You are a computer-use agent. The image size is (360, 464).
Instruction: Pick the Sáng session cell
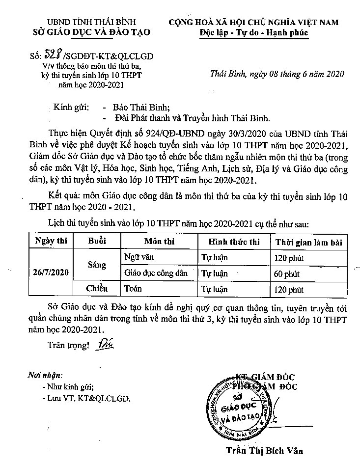click(97, 265)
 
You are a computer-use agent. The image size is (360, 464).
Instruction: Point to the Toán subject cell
click(133, 289)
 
